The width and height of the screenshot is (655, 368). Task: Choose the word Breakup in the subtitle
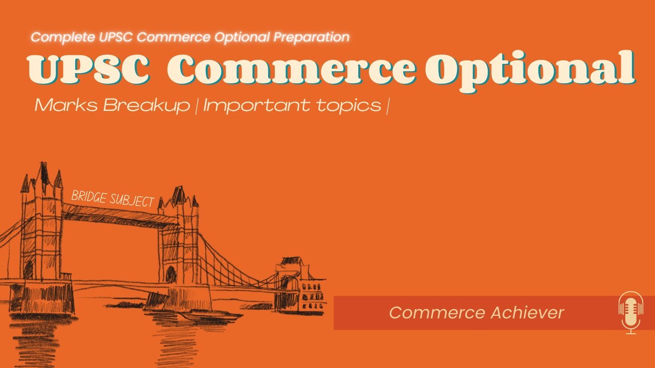tap(146, 106)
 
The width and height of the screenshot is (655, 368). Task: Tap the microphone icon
tap(630, 312)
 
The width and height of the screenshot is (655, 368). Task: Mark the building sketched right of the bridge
tap(302, 286)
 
